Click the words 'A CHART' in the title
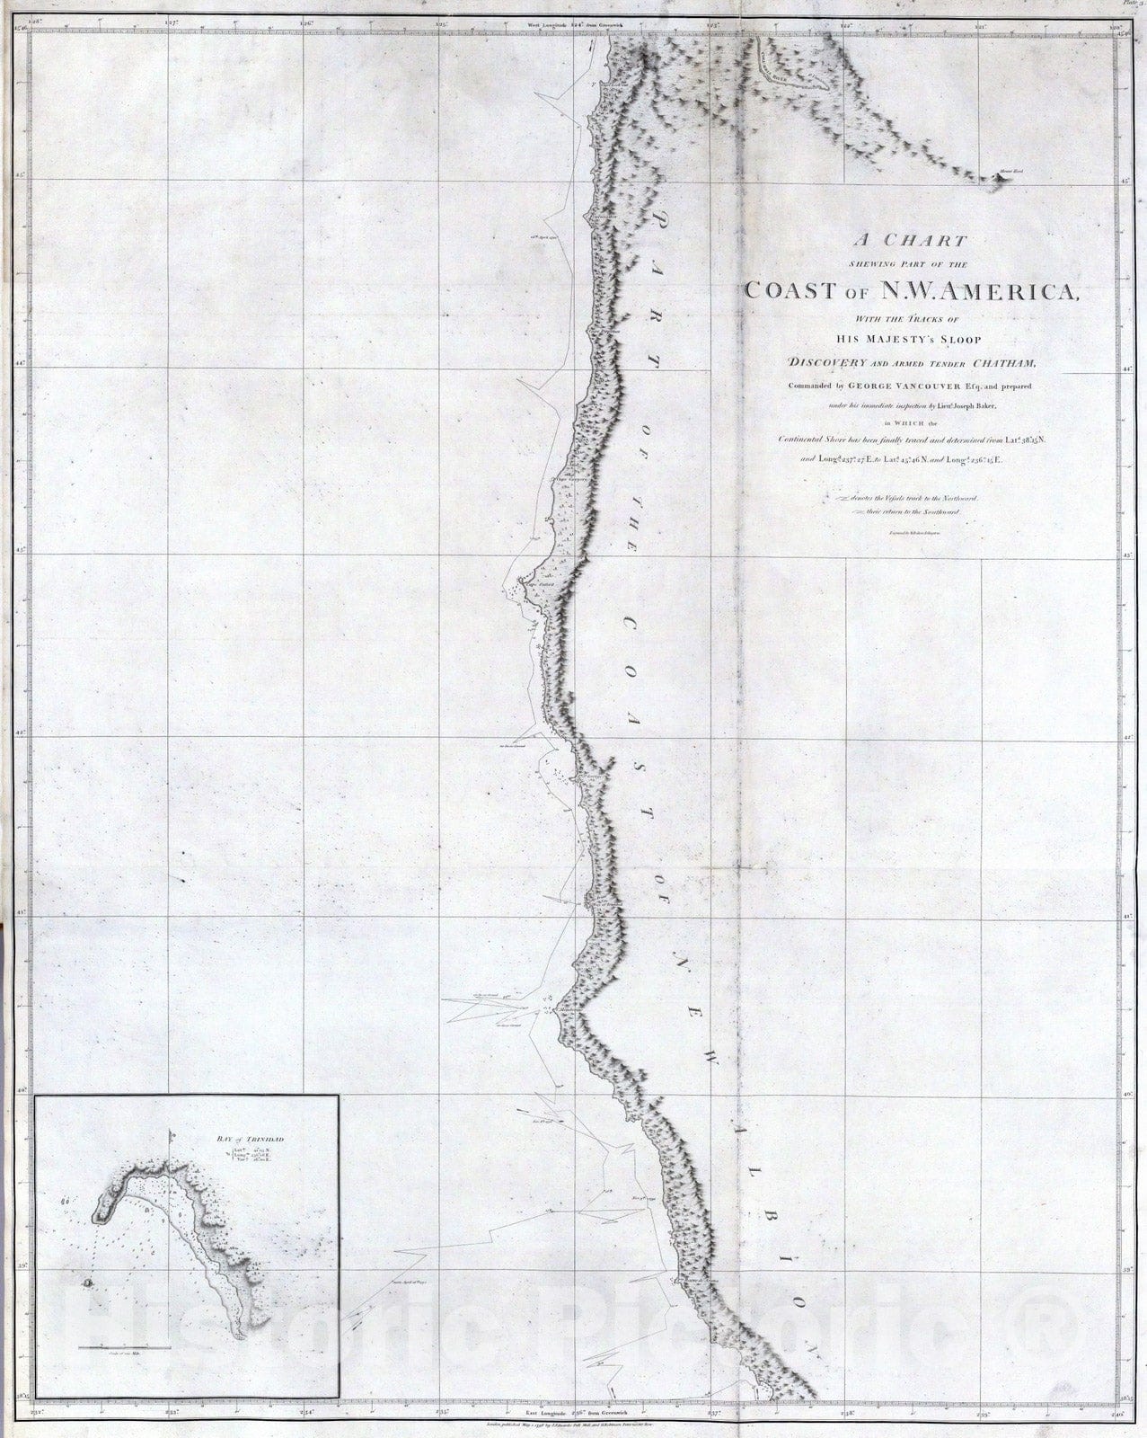coord(913,241)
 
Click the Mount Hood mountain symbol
coord(1001,177)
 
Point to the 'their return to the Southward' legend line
coord(913,510)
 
